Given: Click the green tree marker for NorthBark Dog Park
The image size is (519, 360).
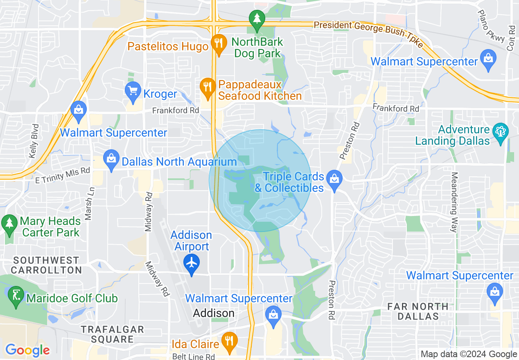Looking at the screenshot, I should tap(257, 19).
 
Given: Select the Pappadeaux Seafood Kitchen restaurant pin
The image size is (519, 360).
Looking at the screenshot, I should tap(208, 87).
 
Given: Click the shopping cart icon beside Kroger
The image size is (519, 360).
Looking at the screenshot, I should tap(133, 90).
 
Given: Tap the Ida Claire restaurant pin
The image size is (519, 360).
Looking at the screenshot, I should tap(229, 340).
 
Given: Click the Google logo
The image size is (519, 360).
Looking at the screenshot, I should tap(27, 350).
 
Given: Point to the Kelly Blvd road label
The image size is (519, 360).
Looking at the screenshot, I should tap(34, 141).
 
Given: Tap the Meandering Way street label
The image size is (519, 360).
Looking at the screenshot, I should tap(454, 202).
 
